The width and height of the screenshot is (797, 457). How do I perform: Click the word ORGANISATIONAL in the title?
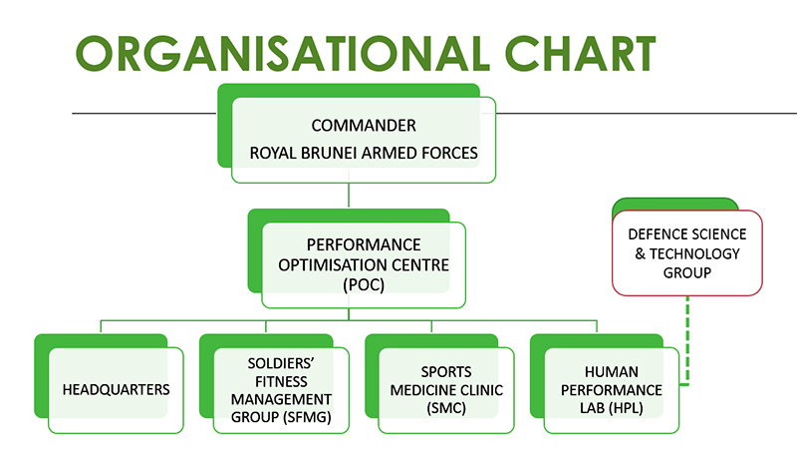[x=283, y=54]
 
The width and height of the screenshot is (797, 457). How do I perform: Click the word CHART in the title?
[x=580, y=54]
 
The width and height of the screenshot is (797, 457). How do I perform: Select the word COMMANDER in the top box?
[x=364, y=125]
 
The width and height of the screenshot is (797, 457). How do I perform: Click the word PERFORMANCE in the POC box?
[x=364, y=244]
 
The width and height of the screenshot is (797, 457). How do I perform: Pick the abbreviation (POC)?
[x=364, y=284]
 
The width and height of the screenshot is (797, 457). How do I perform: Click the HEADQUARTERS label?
[x=116, y=390]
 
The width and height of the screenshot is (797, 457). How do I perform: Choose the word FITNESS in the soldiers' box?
[x=281, y=382]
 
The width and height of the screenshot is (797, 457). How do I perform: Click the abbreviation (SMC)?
[x=446, y=408]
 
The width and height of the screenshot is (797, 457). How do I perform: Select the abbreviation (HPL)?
[x=627, y=408]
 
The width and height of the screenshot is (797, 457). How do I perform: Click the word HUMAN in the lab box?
[x=612, y=372]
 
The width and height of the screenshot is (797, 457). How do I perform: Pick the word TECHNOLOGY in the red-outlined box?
[x=694, y=253]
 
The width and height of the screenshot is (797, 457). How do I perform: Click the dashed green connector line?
[x=687, y=340]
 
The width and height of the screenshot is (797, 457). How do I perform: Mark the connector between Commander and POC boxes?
[x=349, y=195]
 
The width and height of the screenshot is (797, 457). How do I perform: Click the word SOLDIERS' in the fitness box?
[x=281, y=363]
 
